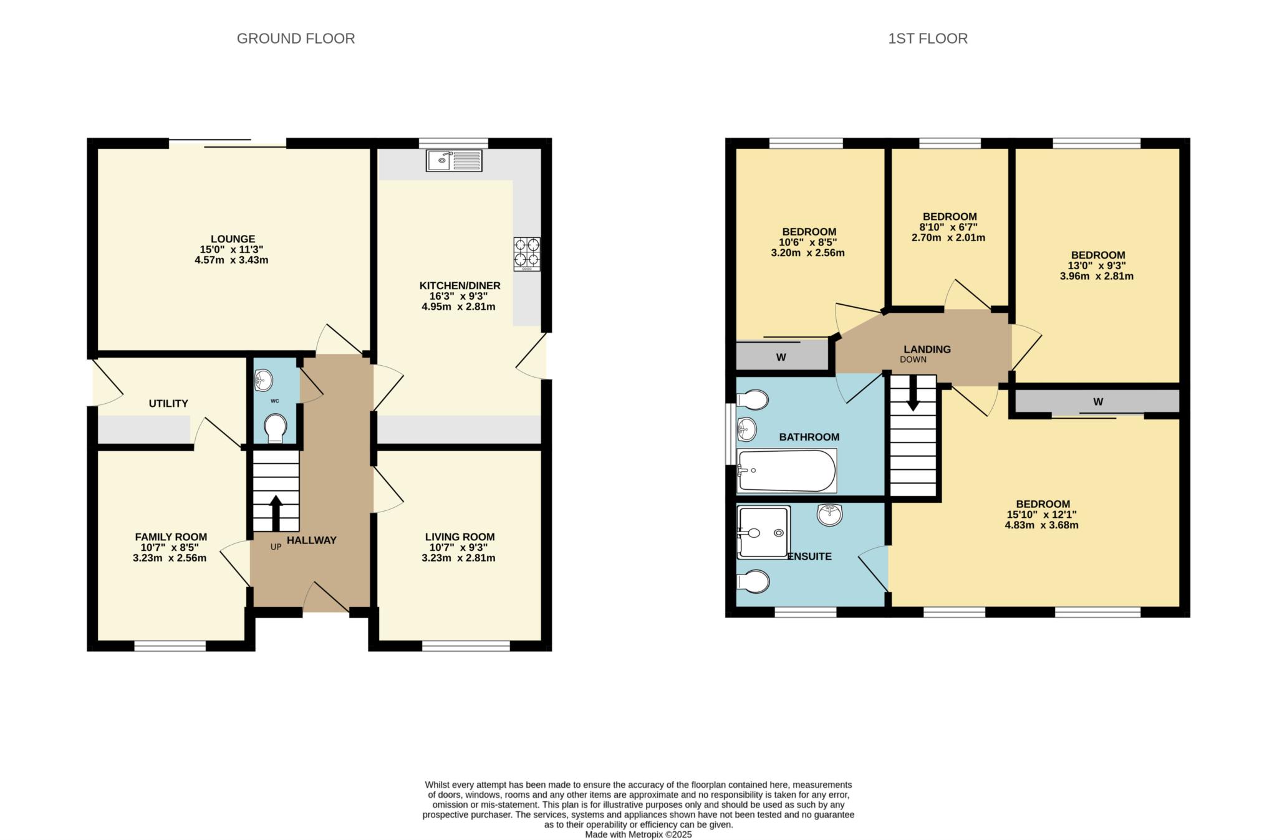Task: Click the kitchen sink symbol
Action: click(x=454, y=160)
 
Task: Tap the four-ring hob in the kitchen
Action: click(x=527, y=254)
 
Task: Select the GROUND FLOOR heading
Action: click(x=296, y=39)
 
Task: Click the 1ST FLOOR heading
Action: click(x=927, y=39)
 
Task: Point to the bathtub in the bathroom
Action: click(x=786, y=470)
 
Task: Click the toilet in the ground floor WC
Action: click(x=274, y=428)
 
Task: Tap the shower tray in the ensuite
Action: click(x=763, y=532)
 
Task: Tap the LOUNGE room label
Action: click(x=233, y=239)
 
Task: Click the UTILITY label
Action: click(x=168, y=404)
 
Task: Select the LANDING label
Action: click(x=927, y=350)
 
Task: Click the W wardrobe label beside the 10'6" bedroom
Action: click(x=781, y=358)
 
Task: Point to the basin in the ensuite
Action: click(x=829, y=515)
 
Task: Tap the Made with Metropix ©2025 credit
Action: click(x=638, y=834)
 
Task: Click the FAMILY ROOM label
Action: click(x=171, y=537)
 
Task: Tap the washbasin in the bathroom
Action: click(x=746, y=429)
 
